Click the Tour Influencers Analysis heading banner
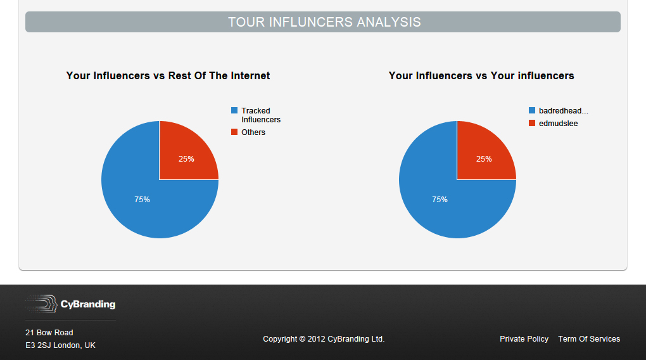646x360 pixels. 323,22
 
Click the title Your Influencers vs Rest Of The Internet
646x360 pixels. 168,76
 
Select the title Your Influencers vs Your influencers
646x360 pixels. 481,76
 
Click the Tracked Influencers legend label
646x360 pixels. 261,115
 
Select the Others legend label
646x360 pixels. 253,132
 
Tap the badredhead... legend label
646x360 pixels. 564,110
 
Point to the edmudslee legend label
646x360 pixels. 558,124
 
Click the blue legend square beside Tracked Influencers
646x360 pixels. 234,110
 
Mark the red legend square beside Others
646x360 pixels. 234,132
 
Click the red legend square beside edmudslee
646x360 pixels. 532,123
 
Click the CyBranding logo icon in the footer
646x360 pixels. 41,304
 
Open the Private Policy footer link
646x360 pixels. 524,339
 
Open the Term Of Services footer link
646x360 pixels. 589,339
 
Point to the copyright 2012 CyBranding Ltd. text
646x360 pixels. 324,339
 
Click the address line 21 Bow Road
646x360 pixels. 49,332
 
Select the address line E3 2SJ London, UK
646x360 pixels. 61,345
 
